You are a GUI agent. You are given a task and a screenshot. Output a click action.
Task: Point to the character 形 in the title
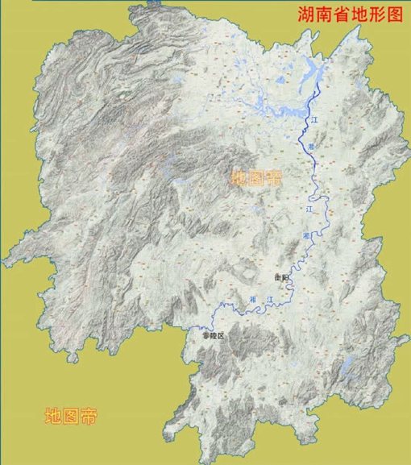(x=374, y=15)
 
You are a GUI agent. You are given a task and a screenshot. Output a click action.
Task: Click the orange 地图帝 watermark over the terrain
(x=255, y=178)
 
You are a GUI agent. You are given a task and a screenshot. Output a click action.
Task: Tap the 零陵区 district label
(x=211, y=335)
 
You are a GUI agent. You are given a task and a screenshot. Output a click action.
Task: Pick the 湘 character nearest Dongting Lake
(x=313, y=138)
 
